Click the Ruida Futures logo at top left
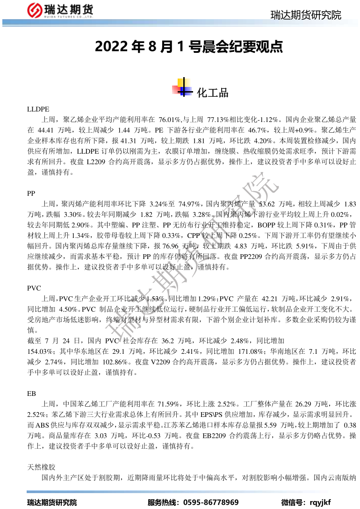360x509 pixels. [61, 10]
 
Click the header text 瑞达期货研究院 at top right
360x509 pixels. [306, 15]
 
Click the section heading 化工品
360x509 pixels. [213, 93]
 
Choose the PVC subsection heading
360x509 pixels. [35, 288]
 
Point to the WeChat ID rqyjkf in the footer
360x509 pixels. [320, 502]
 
